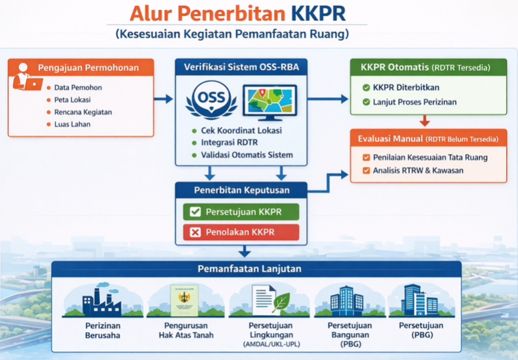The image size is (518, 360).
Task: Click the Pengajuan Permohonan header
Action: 88,68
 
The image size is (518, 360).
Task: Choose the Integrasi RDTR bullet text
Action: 229,143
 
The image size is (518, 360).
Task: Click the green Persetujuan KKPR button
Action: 240,212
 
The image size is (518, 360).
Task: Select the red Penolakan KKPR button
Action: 240,233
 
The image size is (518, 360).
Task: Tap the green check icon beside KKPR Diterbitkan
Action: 366,88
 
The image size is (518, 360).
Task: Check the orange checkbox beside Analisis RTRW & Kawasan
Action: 366,170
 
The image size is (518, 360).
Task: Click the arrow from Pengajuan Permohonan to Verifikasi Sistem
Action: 163,99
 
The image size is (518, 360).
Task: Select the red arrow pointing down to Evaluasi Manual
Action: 424,121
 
